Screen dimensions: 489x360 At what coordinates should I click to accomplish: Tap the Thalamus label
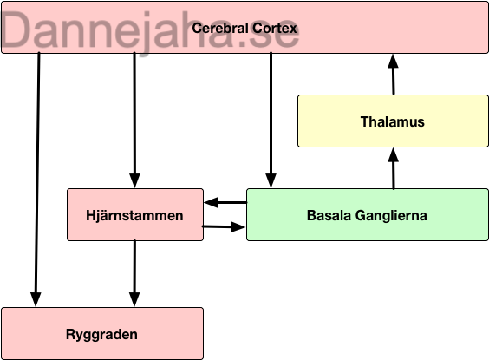point(392,121)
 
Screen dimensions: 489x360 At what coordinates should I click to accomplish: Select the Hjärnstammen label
point(134,215)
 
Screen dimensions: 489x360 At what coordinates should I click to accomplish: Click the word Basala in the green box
point(329,215)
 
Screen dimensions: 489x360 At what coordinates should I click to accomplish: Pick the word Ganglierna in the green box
point(391,215)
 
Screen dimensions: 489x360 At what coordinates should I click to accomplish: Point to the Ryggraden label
point(101,335)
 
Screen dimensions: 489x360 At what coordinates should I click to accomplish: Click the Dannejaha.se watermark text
point(150,30)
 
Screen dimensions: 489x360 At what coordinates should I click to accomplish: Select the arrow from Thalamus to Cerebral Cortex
point(394,75)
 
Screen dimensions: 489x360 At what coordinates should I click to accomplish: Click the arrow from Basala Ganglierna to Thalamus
point(394,168)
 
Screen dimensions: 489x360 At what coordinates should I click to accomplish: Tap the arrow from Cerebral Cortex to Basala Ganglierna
point(271,120)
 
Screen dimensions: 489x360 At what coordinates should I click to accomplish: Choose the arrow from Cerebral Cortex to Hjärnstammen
point(134,120)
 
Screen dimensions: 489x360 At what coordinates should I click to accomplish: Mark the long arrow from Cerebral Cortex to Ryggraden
point(37,180)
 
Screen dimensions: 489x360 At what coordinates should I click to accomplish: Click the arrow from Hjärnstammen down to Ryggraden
point(134,273)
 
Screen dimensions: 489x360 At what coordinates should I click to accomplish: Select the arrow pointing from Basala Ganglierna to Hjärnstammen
point(225,202)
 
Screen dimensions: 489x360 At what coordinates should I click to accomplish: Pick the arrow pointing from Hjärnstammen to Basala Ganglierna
point(224,226)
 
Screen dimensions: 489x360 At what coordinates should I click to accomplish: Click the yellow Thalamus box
point(393,121)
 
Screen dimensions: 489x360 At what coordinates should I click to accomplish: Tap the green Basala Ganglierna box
point(368,214)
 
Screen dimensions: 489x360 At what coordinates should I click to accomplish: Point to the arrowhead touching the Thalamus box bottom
point(394,154)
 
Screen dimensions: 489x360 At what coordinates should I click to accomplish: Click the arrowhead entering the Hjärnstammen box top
point(134,181)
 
